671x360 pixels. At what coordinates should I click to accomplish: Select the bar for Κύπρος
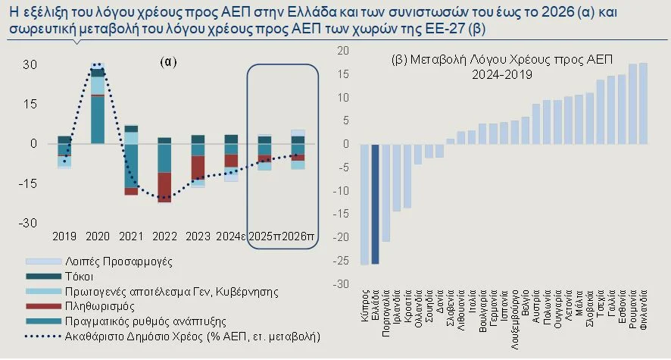(x=364, y=204)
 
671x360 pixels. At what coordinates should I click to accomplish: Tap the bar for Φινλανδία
(x=643, y=103)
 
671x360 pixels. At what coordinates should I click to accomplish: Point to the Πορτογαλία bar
(x=385, y=193)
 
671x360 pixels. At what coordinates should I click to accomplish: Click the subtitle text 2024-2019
(x=502, y=75)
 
